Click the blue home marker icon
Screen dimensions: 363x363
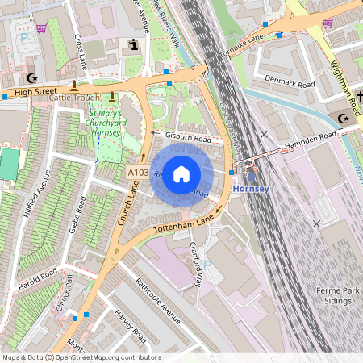pyautogui.click(x=181, y=173)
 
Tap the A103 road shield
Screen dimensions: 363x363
pyautogui.click(x=137, y=172)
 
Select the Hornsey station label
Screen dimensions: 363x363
pyautogui.click(x=248, y=188)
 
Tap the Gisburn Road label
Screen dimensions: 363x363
pyautogui.click(x=187, y=138)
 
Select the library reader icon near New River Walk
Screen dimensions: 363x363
pyautogui.click(x=131, y=47)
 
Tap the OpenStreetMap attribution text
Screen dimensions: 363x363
pyautogui.click(x=81, y=357)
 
